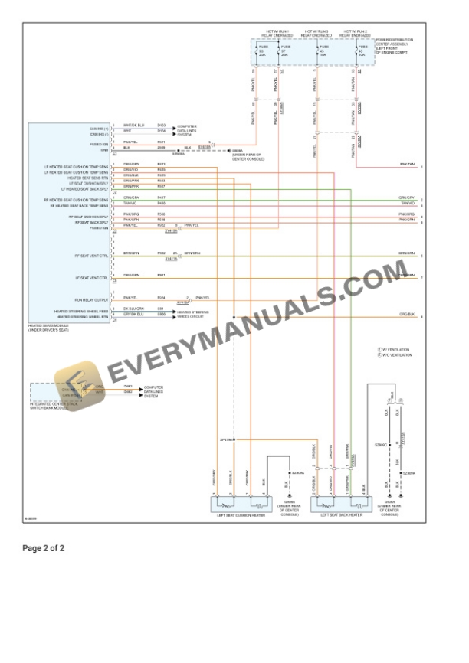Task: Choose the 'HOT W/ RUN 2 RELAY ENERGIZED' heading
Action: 356,34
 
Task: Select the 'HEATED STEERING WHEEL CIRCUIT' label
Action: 192,314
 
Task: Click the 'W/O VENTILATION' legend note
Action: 396,355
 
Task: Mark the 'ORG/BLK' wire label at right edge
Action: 406,315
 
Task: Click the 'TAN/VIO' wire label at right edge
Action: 406,204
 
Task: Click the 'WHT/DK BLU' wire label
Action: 133,125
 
